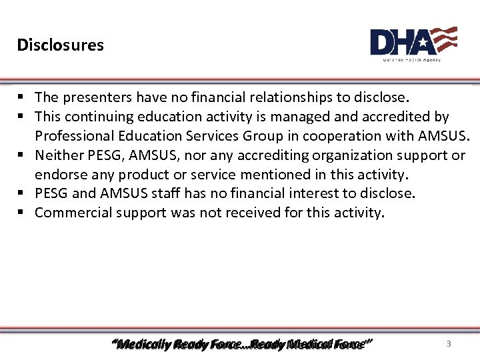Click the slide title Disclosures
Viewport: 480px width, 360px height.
click(61, 45)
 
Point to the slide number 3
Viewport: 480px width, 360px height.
click(449, 344)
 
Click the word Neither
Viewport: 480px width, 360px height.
click(58, 155)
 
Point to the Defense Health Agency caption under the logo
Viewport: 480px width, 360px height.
click(411, 60)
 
